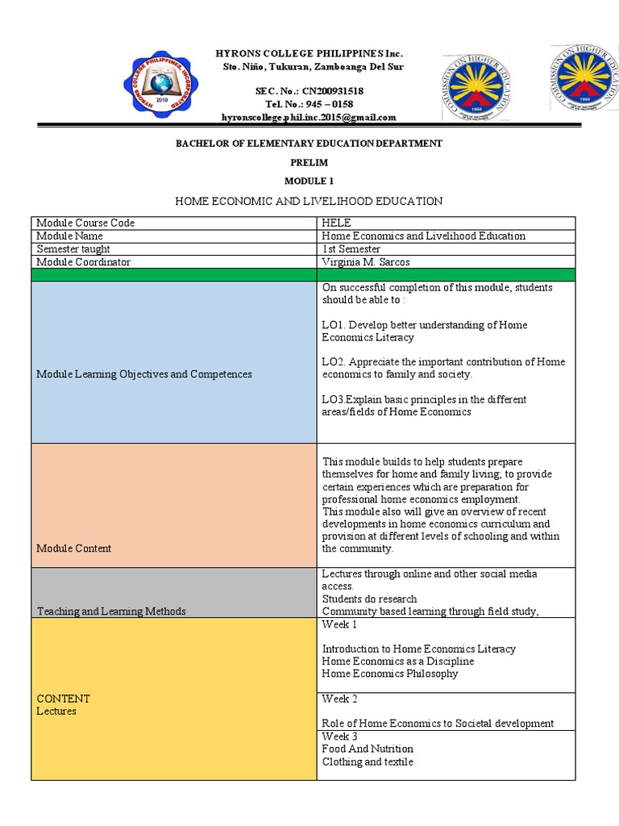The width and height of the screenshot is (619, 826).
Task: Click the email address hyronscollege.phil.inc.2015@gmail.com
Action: (x=309, y=117)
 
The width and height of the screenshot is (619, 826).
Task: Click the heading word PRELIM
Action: (x=309, y=162)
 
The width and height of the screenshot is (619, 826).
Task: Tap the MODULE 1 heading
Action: (x=309, y=181)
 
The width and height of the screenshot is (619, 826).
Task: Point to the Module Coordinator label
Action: (x=84, y=262)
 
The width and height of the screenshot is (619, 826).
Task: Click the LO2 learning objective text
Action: (x=443, y=368)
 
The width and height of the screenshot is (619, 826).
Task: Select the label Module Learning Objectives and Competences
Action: (x=144, y=374)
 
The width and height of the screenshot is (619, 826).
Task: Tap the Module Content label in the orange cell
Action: (x=74, y=549)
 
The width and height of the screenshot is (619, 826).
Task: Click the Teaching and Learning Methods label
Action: (x=111, y=611)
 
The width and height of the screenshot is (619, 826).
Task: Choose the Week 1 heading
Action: (x=339, y=625)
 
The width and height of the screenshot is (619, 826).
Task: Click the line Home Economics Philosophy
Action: (x=389, y=674)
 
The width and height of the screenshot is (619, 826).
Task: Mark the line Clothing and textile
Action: (x=368, y=761)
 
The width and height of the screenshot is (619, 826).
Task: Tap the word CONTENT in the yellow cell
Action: (x=64, y=699)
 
